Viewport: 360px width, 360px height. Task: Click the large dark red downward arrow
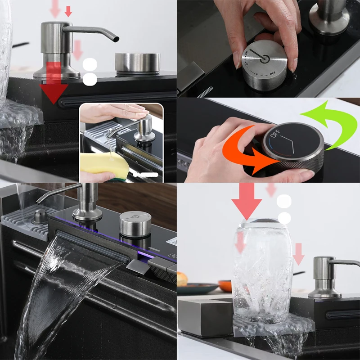coord(54,85)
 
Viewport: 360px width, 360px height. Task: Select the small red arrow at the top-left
coord(68,11)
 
